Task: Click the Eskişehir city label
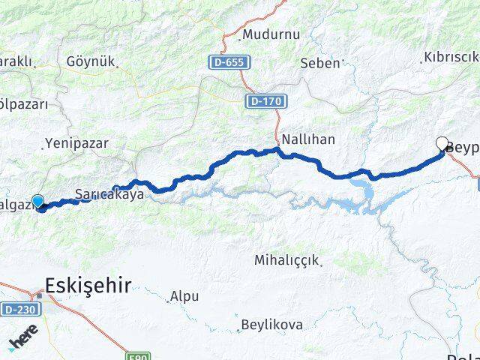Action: [88, 284]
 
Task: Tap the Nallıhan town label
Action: [308, 139]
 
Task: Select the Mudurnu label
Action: [270, 34]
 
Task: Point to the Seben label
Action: [319, 63]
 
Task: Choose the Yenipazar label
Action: [76, 142]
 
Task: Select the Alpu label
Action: [184, 296]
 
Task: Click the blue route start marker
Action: [37, 201]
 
